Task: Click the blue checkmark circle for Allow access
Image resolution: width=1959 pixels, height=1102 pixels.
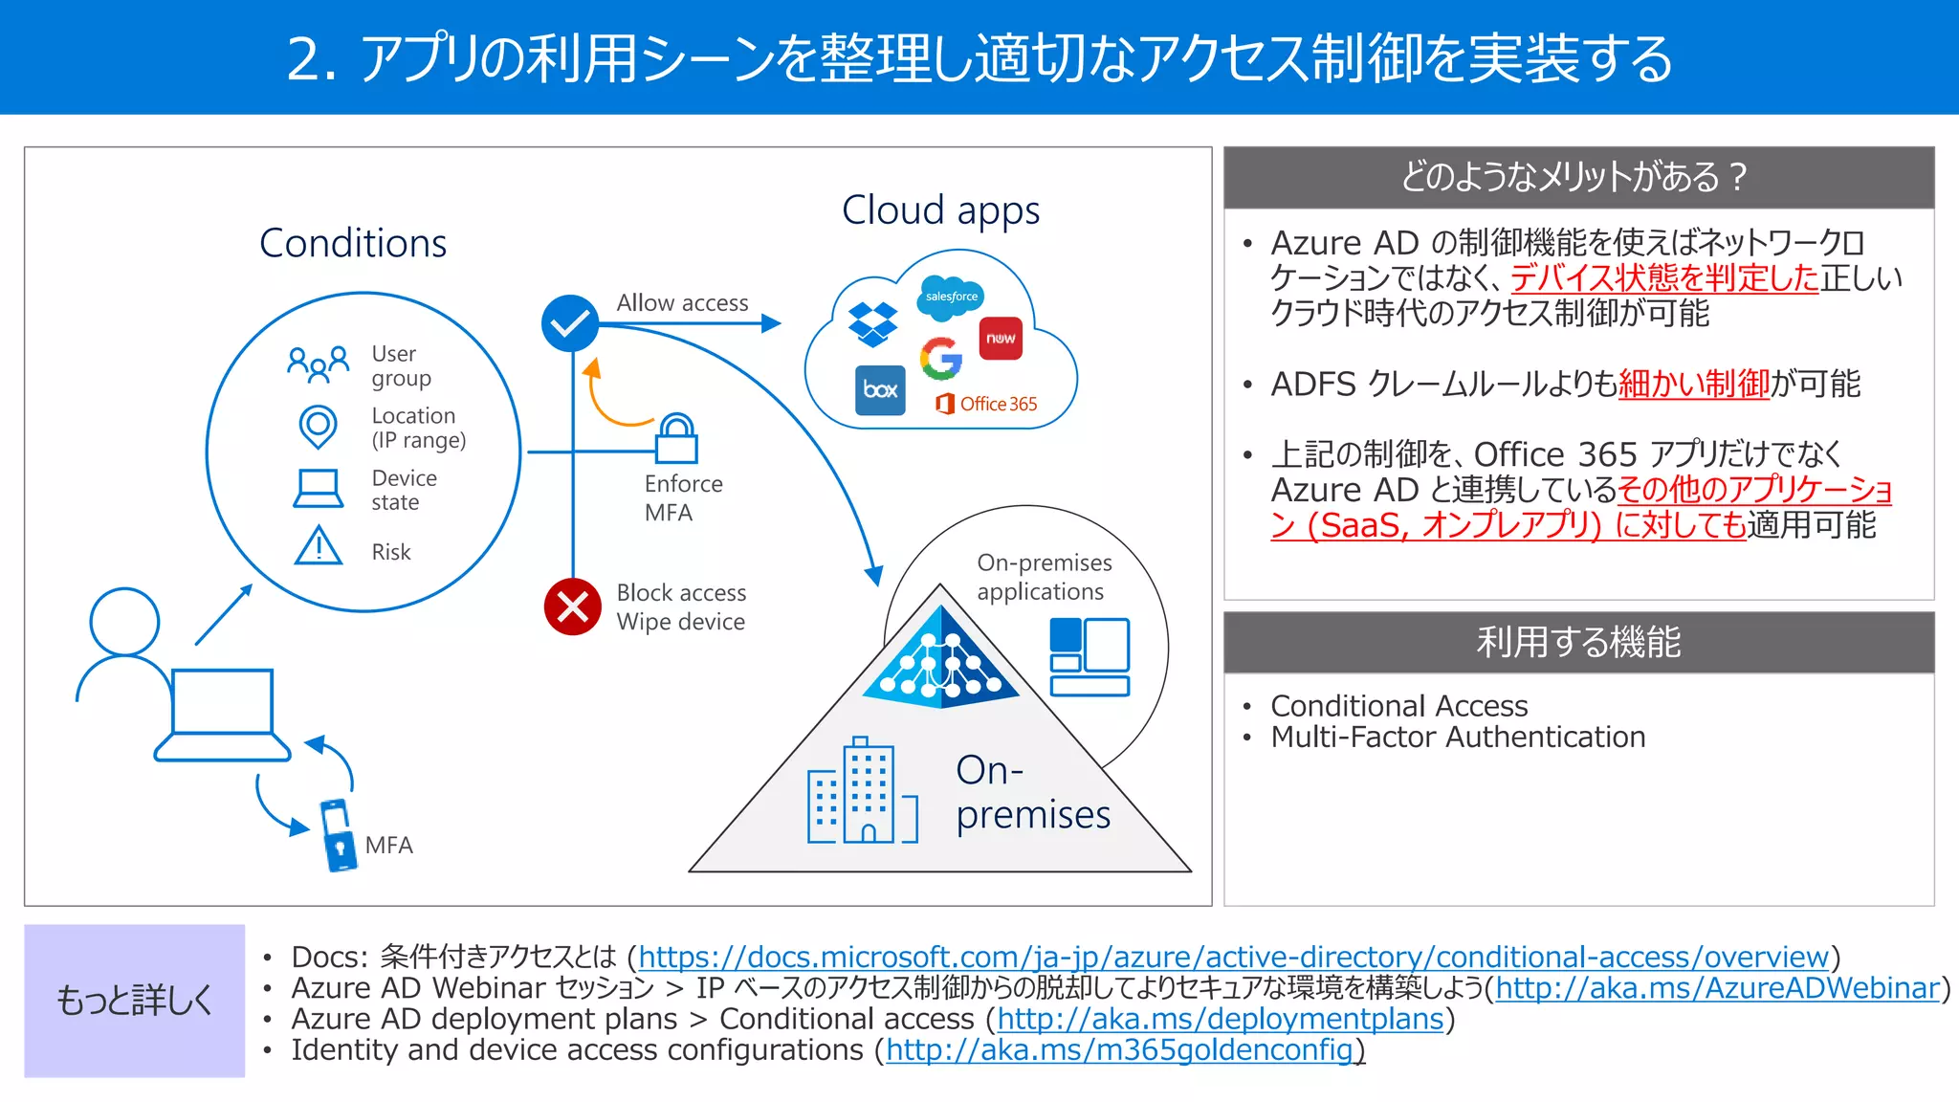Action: coord(570,323)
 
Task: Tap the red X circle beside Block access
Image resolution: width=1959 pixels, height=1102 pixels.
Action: coord(572,606)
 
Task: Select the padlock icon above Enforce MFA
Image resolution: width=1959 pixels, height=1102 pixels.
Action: coord(676,439)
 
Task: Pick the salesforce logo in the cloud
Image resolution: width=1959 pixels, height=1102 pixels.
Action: coord(951,297)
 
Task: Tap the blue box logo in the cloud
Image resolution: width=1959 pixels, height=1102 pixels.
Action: coord(880,389)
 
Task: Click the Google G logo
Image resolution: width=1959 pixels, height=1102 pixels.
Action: coord(941,359)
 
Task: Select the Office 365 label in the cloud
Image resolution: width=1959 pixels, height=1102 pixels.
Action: coord(987,404)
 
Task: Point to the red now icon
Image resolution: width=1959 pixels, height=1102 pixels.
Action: coord(1001,339)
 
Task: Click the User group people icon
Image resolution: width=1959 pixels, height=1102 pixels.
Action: coord(318,364)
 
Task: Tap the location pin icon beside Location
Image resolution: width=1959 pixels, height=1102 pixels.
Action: coord(318,427)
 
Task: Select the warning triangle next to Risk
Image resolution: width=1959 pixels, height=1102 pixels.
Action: coord(318,547)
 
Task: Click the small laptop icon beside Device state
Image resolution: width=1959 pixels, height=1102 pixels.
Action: coord(318,488)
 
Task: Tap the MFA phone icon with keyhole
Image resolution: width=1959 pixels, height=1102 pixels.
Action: coord(338,835)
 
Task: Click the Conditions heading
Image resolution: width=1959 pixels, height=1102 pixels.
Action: coord(353,243)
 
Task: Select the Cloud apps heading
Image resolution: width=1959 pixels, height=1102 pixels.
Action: coord(940,210)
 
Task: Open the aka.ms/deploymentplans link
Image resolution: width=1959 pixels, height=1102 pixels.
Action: coord(1220,1019)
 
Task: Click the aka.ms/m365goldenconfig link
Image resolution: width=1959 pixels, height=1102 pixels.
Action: coord(1120,1050)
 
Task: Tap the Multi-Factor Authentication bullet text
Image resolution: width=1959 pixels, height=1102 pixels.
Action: coord(1458,738)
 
